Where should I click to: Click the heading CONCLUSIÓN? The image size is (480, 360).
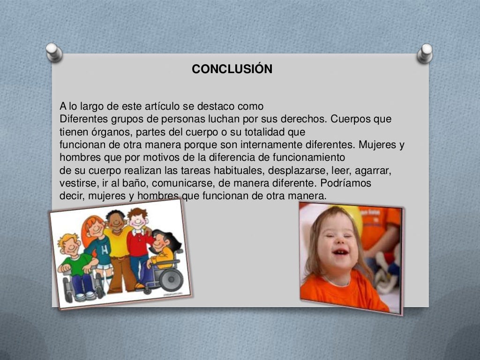pyautogui.click(x=232, y=69)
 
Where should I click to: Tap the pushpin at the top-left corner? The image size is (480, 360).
pyautogui.click(x=54, y=52)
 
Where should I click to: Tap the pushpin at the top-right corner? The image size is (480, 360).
pyautogui.click(x=425, y=53)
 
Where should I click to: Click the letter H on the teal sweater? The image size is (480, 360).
pyautogui.click(x=104, y=247)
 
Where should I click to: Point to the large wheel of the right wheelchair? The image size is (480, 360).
pyautogui.click(x=171, y=279)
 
